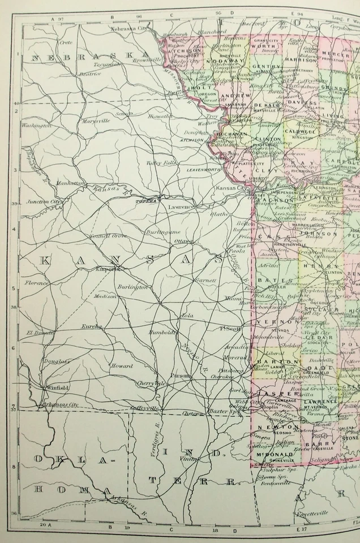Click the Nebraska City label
tap(128, 28)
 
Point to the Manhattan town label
tap(70, 183)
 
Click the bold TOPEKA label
tap(145, 201)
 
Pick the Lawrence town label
tap(181, 207)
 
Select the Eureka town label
tap(91, 326)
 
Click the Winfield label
tap(57, 388)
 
